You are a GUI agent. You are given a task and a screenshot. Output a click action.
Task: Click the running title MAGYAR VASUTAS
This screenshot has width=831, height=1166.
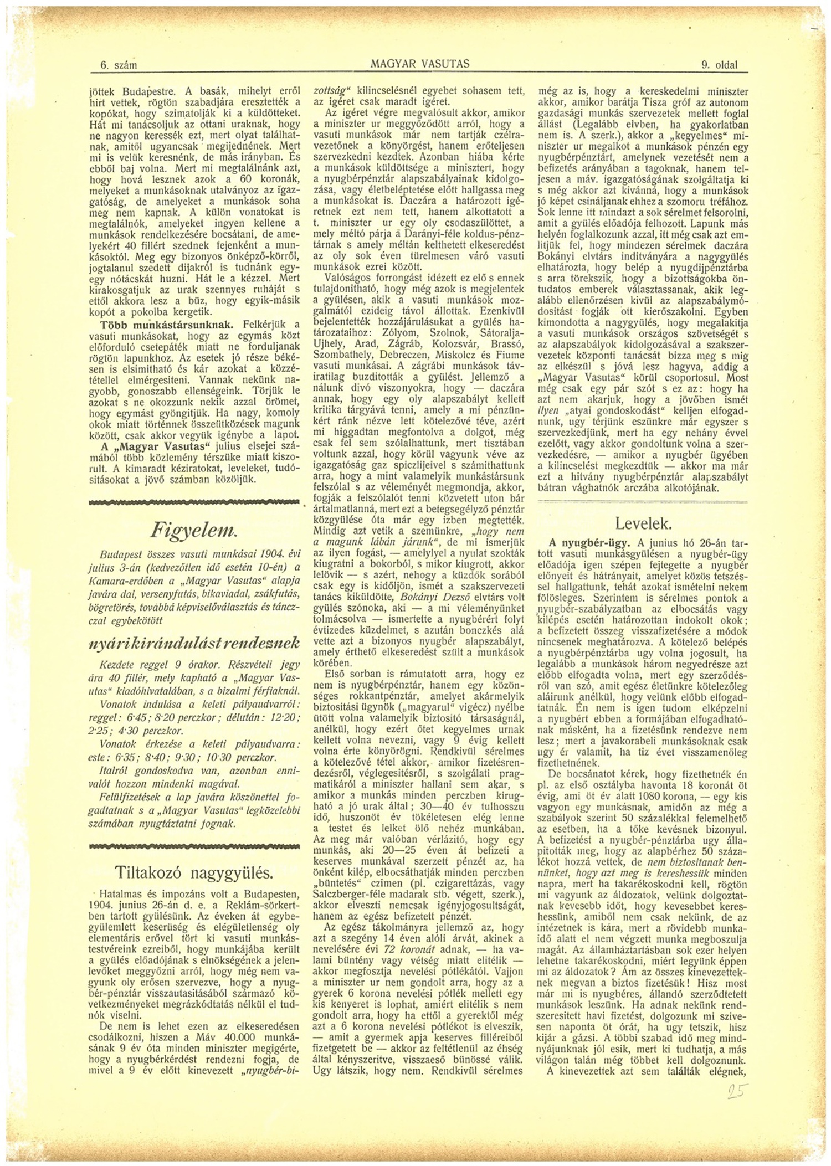pyautogui.click(x=420, y=64)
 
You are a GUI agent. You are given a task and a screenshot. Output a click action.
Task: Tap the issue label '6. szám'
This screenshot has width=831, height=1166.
pyautogui.click(x=118, y=65)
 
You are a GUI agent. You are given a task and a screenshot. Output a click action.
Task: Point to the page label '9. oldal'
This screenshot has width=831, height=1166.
pyautogui.click(x=719, y=65)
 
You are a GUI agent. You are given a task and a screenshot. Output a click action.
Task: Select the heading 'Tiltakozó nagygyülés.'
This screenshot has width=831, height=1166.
pyautogui.click(x=194, y=872)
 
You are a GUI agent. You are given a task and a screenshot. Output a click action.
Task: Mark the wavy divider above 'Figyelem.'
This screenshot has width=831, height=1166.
pyautogui.click(x=194, y=502)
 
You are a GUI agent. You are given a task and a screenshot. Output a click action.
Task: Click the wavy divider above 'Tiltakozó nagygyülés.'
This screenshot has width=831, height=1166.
pyautogui.click(x=194, y=846)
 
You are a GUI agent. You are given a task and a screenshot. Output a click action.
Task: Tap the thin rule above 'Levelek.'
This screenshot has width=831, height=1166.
pyautogui.click(x=643, y=501)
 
